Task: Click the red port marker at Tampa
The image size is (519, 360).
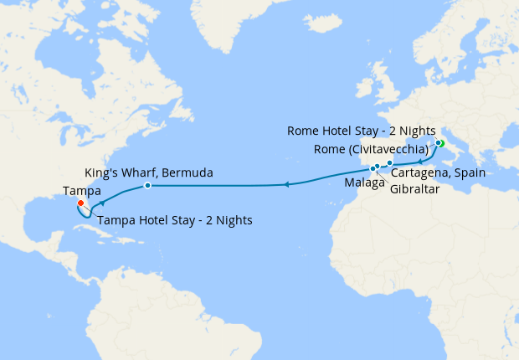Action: coord(80,203)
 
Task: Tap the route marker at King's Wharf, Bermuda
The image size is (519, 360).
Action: coord(147,185)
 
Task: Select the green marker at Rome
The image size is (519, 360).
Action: coord(439,143)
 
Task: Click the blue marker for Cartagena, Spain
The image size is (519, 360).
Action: coord(390,162)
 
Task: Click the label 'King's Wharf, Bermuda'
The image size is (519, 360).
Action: coord(148,172)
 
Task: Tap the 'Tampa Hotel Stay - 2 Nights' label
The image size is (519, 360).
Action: coord(175,221)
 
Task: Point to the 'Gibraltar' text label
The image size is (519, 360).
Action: coord(415,189)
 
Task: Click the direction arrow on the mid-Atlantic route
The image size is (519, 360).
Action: coord(286,184)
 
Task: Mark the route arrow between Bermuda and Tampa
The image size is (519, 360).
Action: coord(102,203)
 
